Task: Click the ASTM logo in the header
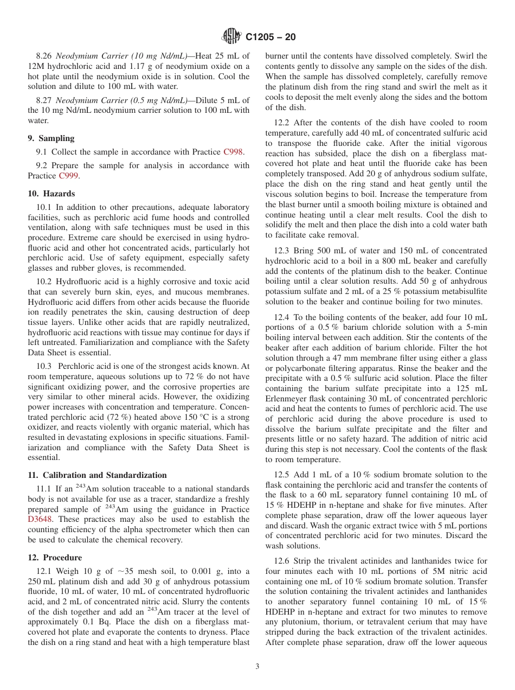pos(231,37)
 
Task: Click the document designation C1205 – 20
pos(271,37)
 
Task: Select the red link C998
pos(234,152)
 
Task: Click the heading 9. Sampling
pos(51,138)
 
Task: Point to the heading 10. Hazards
pos(51,194)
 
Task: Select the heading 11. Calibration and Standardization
pos(97,475)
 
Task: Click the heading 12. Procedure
pos(55,558)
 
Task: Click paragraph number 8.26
pos(44,56)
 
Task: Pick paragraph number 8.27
pos(44,100)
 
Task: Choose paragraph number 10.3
pos(44,367)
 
